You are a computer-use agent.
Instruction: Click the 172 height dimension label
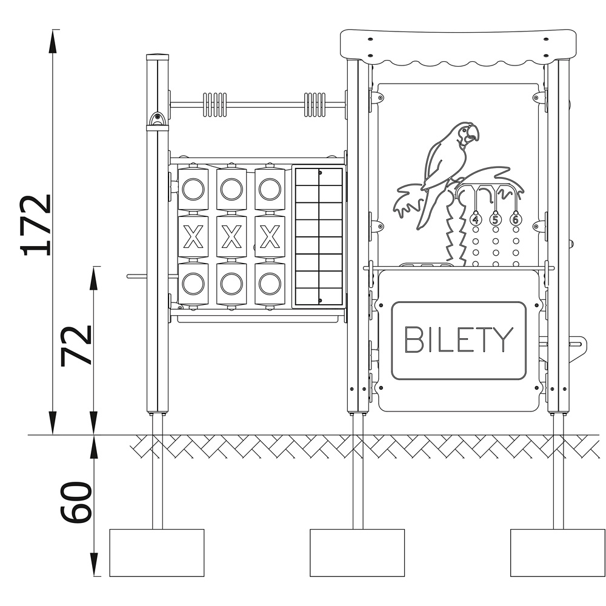pyautogui.click(x=36, y=225)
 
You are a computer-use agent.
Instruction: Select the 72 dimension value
pyautogui.click(x=76, y=345)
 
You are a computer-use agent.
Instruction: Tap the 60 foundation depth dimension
pyautogui.click(x=76, y=502)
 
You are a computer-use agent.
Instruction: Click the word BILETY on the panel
pyautogui.click(x=459, y=340)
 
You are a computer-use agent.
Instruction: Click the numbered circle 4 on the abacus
pyautogui.click(x=475, y=219)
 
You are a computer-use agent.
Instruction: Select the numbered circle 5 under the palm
pyautogui.click(x=496, y=219)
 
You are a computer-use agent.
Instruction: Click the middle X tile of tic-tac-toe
pyautogui.click(x=231, y=237)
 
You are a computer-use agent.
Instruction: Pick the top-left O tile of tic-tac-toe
pyautogui.click(x=193, y=189)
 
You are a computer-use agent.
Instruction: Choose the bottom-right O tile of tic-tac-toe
pyautogui.click(x=270, y=284)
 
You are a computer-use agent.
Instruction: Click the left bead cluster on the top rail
pyautogui.click(x=215, y=104)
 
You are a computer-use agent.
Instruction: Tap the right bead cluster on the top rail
pyautogui.click(x=315, y=104)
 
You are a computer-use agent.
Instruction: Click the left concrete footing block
pyautogui.click(x=157, y=553)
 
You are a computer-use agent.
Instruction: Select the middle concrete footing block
pyautogui.click(x=357, y=553)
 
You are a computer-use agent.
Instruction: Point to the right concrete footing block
pyautogui.click(x=558, y=553)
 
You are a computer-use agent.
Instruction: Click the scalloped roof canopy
pyautogui.click(x=458, y=47)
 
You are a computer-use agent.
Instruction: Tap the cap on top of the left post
pyautogui.click(x=158, y=57)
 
